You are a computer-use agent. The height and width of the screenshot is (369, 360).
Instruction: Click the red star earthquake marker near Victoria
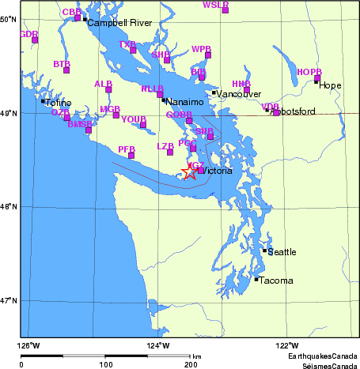190,171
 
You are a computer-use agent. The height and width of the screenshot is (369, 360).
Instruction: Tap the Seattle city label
282,252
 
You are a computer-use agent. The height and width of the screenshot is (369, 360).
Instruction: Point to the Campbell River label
113,23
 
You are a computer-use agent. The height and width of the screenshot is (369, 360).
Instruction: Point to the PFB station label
126,149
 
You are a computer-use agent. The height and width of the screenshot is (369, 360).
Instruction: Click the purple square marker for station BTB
66,70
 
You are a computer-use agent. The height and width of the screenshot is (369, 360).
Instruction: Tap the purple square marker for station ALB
108,89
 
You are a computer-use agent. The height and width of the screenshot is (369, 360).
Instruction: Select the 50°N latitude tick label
9,19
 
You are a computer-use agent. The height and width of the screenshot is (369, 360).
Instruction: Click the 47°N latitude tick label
9,300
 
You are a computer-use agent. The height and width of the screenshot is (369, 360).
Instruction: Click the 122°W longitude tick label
286,345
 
